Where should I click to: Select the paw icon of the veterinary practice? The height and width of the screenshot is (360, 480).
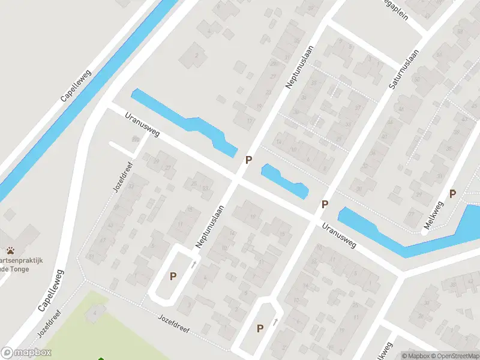point(11,250)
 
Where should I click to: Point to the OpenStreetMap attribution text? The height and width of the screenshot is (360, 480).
point(453,356)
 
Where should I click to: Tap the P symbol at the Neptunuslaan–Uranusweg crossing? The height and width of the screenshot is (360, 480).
point(248,160)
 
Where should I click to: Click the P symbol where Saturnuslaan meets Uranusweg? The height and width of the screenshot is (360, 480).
point(325,204)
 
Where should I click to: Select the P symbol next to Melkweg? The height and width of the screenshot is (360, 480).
point(453,194)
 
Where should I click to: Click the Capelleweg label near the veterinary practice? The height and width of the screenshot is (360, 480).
point(52,290)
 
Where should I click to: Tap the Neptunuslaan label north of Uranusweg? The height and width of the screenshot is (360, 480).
point(298,68)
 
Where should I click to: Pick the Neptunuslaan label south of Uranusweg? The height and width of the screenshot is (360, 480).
point(209,227)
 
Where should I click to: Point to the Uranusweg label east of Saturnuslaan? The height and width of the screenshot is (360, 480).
point(339,235)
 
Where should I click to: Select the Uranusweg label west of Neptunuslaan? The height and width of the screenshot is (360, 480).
point(142,124)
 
